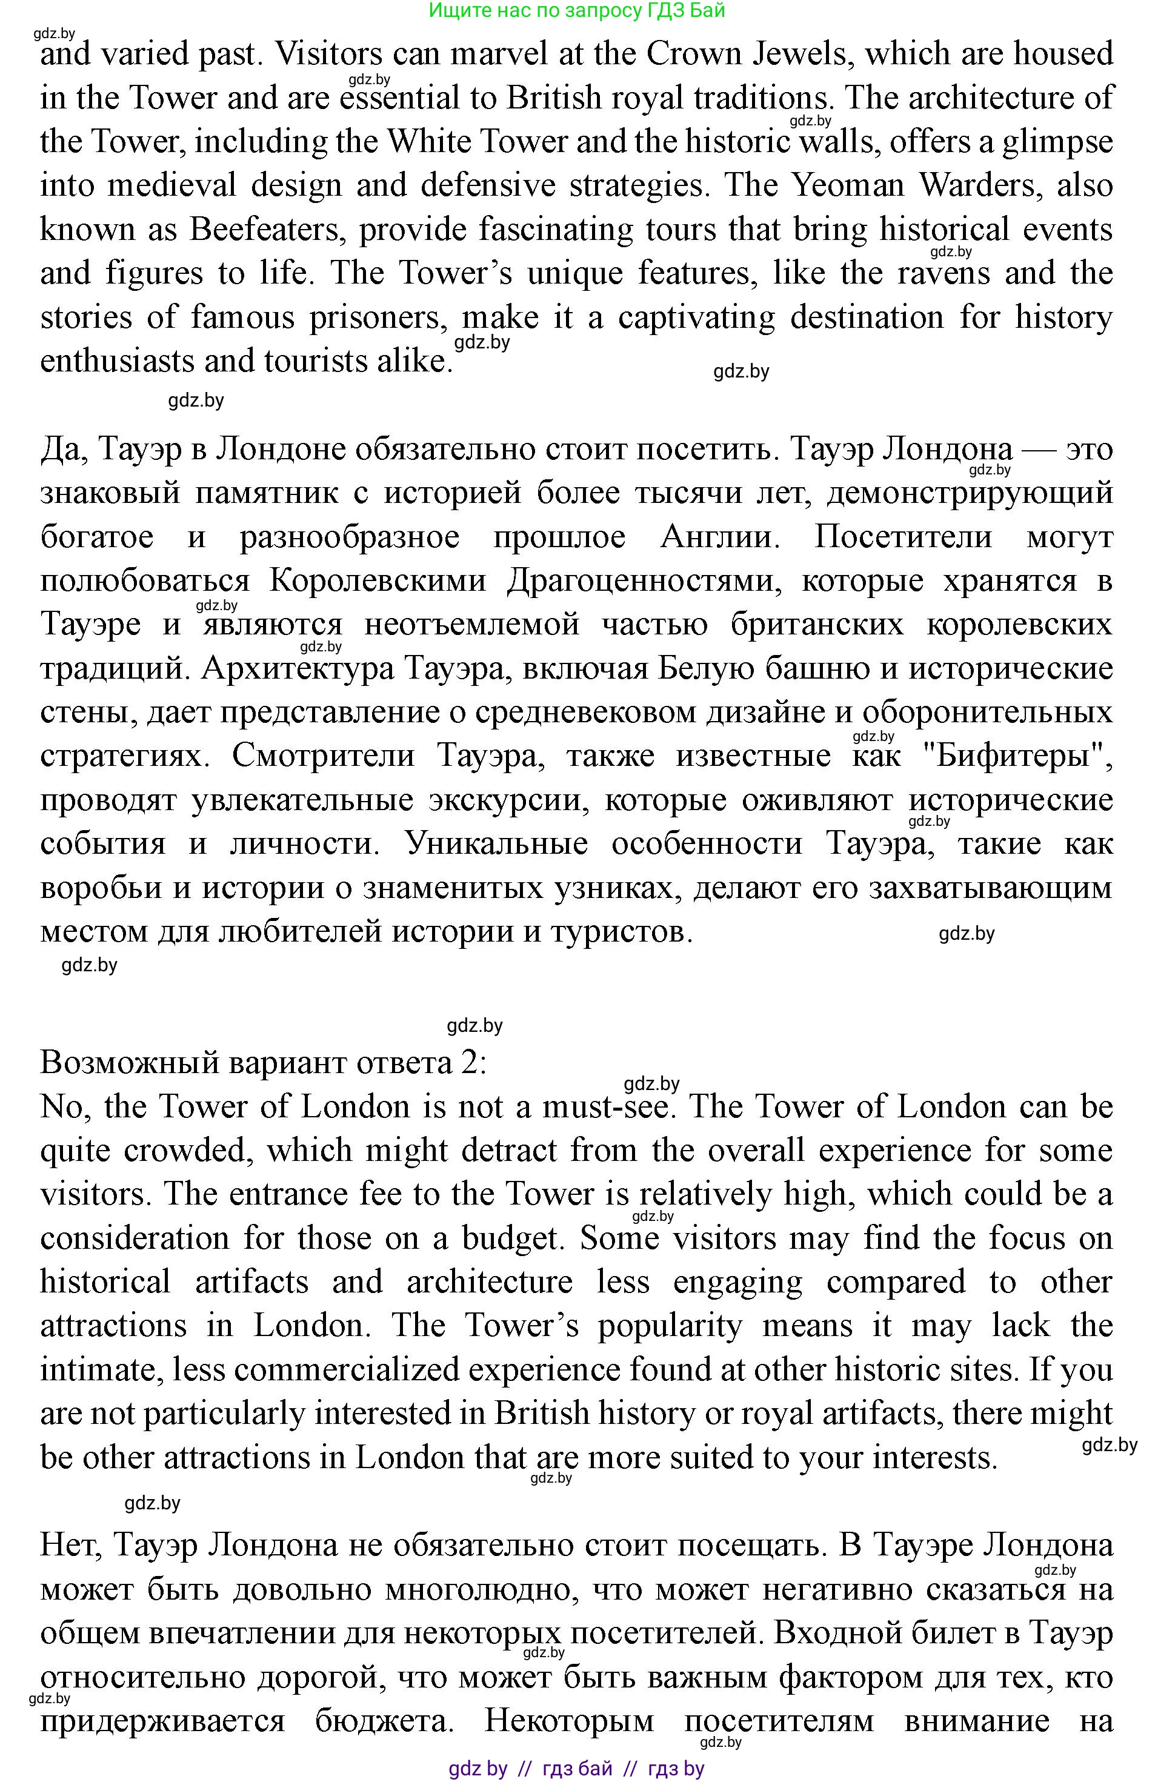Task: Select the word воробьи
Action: click(101, 889)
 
